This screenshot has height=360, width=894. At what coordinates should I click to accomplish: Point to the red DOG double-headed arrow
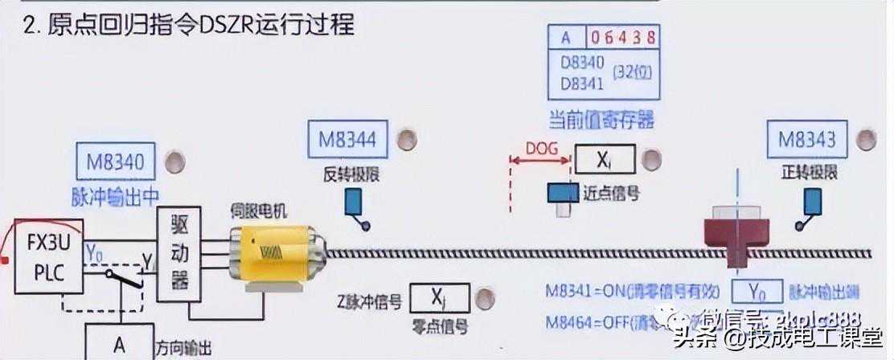click(x=540, y=162)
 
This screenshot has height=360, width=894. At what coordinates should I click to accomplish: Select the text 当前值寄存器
click(x=601, y=121)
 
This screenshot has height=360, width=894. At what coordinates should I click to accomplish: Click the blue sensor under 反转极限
click(x=354, y=204)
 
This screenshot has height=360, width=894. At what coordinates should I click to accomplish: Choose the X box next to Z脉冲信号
click(x=439, y=298)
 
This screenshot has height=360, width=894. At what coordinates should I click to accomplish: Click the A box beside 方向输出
click(x=119, y=345)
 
